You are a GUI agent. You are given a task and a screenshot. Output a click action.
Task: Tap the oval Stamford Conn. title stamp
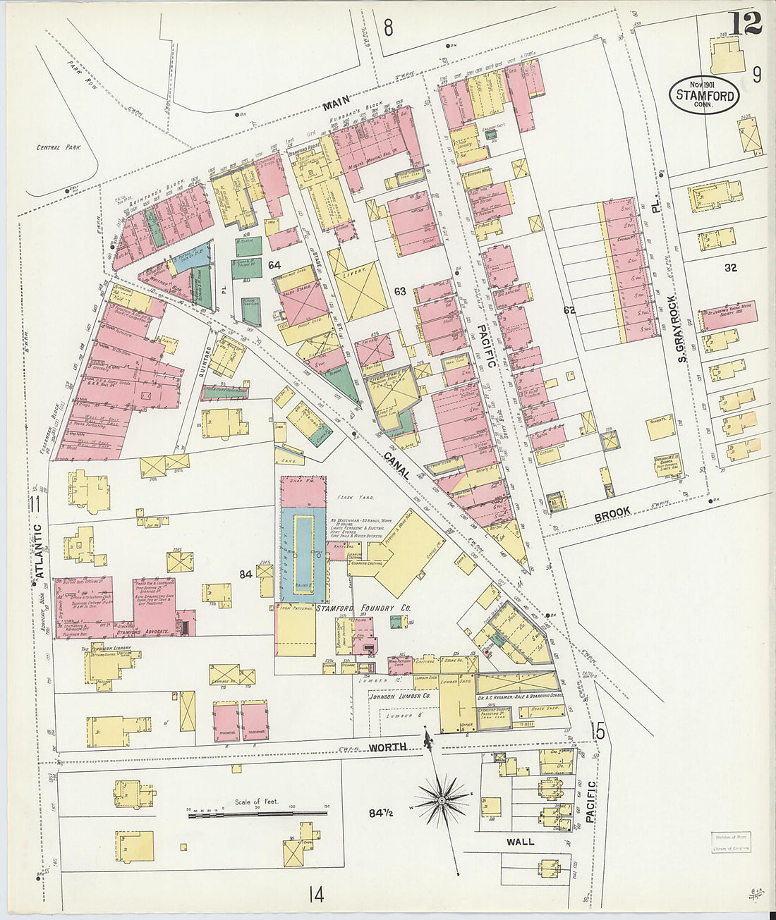click(705, 94)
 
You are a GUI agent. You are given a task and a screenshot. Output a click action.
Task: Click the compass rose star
click(442, 800)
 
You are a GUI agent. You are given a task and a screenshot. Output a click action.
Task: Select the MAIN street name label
click(337, 106)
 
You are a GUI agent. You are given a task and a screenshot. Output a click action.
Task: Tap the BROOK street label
click(612, 515)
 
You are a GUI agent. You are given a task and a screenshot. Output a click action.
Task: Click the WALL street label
click(520, 842)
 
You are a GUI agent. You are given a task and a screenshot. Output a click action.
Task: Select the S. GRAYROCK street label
click(681, 329)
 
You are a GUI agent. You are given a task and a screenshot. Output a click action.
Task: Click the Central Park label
click(59, 148)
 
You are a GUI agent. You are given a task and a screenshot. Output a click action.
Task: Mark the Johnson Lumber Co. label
click(399, 696)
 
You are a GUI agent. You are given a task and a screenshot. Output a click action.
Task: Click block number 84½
click(384, 813)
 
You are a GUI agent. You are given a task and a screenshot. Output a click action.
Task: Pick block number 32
click(730, 268)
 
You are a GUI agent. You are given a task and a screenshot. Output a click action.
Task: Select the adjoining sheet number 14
click(315, 895)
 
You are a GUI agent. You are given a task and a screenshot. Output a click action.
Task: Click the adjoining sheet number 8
click(387, 27)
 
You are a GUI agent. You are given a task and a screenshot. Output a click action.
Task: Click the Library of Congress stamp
click(730, 842)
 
